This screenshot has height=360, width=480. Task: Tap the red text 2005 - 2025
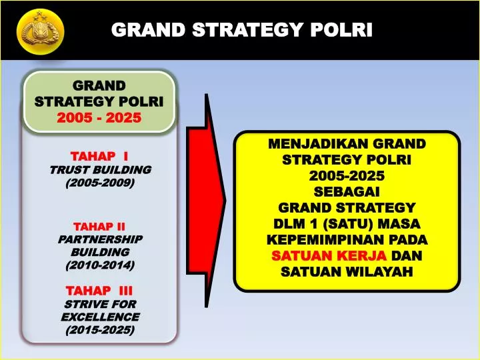coord(99,118)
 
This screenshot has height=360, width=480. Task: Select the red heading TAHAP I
coord(99,156)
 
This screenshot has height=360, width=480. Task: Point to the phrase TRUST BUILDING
coord(100,169)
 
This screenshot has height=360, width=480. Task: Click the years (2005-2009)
coord(100,183)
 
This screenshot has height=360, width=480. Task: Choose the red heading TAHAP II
coord(99,226)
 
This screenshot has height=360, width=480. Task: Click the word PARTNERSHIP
coord(100,239)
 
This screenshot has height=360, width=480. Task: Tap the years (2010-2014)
coord(100,265)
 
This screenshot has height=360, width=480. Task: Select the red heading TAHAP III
coord(99,291)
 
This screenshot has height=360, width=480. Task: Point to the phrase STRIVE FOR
coord(100,304)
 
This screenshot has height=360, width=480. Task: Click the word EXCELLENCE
coord(100,317)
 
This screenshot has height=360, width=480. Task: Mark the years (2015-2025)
coord(100,330)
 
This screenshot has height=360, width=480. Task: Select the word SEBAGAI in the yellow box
coord(347,191)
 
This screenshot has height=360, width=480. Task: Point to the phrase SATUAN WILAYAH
coord(347,271)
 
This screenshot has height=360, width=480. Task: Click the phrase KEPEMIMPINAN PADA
coord(347,239)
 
